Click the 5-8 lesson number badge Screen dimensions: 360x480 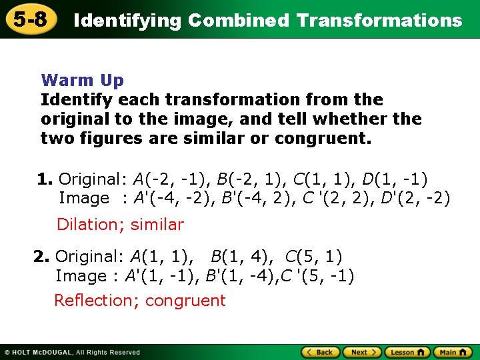[x=31, y=19]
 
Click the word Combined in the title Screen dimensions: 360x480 [x=239, y=21]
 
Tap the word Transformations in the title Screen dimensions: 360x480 [x=379, y=21]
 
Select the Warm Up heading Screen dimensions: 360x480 [x=82, y=81]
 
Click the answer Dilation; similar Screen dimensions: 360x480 [x=120, y=225]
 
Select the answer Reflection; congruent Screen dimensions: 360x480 [x=140, y=301]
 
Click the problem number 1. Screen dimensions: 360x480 [x=45, y=179]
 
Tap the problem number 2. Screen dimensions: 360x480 [x=41, y=257]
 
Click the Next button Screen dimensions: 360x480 [x=363, y=352]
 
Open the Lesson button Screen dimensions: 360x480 [x=407, y=352]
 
